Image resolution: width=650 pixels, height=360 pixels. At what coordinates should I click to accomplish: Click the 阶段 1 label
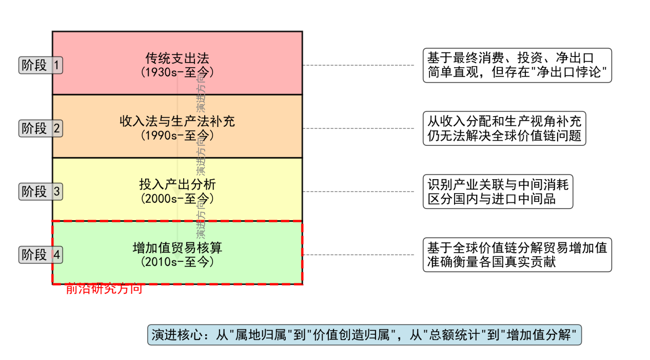click(41, 65)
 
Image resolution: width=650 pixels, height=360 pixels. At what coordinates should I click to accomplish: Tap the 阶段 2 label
click(41, 128)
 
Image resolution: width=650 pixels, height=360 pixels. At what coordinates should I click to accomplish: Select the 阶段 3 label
click(41, 192)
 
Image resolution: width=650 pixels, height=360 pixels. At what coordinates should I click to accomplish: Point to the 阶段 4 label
click(41, 255)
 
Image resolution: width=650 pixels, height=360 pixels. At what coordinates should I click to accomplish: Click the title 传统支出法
click(177, 59)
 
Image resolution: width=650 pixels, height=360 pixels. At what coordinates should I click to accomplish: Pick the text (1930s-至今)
click(177, 72)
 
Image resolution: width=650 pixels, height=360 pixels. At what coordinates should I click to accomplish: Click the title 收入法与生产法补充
click(177, 122)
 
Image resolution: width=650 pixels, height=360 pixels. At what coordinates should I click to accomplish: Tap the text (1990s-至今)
click(177, 135)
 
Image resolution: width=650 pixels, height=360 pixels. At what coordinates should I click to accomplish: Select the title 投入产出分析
click(177, 185)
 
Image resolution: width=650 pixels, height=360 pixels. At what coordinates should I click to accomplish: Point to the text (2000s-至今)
click(177, 198)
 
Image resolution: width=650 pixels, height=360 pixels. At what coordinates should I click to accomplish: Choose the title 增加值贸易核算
click(177, 248)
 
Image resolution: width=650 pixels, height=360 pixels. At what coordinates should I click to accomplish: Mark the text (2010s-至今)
click(177, 261)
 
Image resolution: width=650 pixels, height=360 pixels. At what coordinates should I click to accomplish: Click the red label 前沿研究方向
click(104, 289)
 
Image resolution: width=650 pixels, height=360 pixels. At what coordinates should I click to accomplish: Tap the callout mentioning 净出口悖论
click(517, 65)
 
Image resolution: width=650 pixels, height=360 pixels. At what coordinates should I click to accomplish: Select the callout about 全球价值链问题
click(504, 128)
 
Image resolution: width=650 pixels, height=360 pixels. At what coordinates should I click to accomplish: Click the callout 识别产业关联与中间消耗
click(498, 192)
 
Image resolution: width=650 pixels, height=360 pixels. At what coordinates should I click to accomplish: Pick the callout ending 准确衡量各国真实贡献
click(517, 255)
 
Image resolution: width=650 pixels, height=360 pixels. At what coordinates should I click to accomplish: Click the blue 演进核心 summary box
click(364, 335)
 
